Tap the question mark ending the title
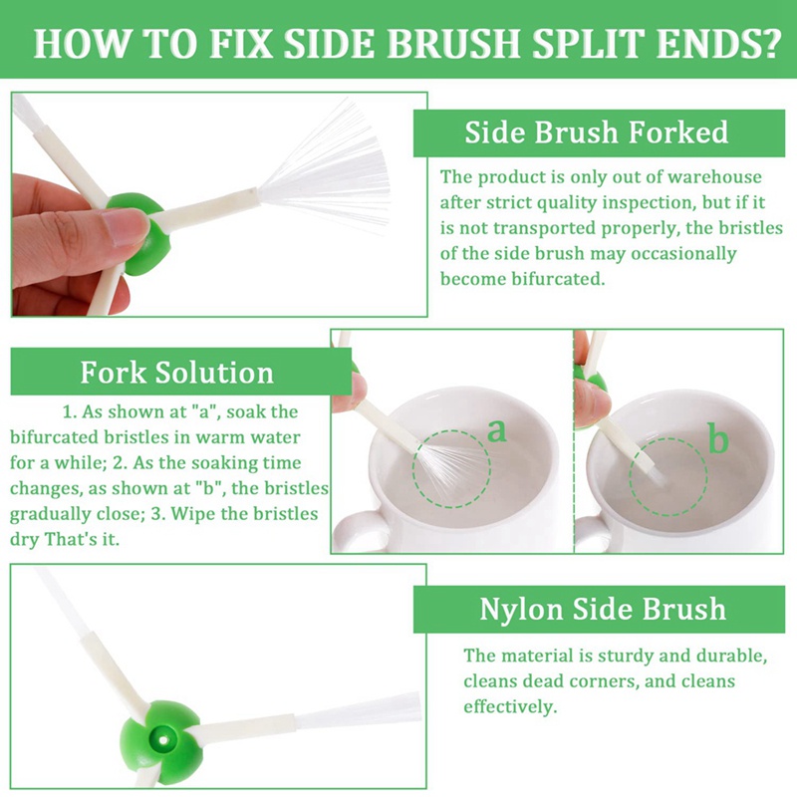766,43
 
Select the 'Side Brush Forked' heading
596,133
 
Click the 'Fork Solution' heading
177,372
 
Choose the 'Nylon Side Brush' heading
603,609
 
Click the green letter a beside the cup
496,430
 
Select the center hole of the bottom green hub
163,738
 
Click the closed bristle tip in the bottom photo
360,709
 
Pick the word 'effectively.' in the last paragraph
510,706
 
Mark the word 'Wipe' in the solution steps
191,513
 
